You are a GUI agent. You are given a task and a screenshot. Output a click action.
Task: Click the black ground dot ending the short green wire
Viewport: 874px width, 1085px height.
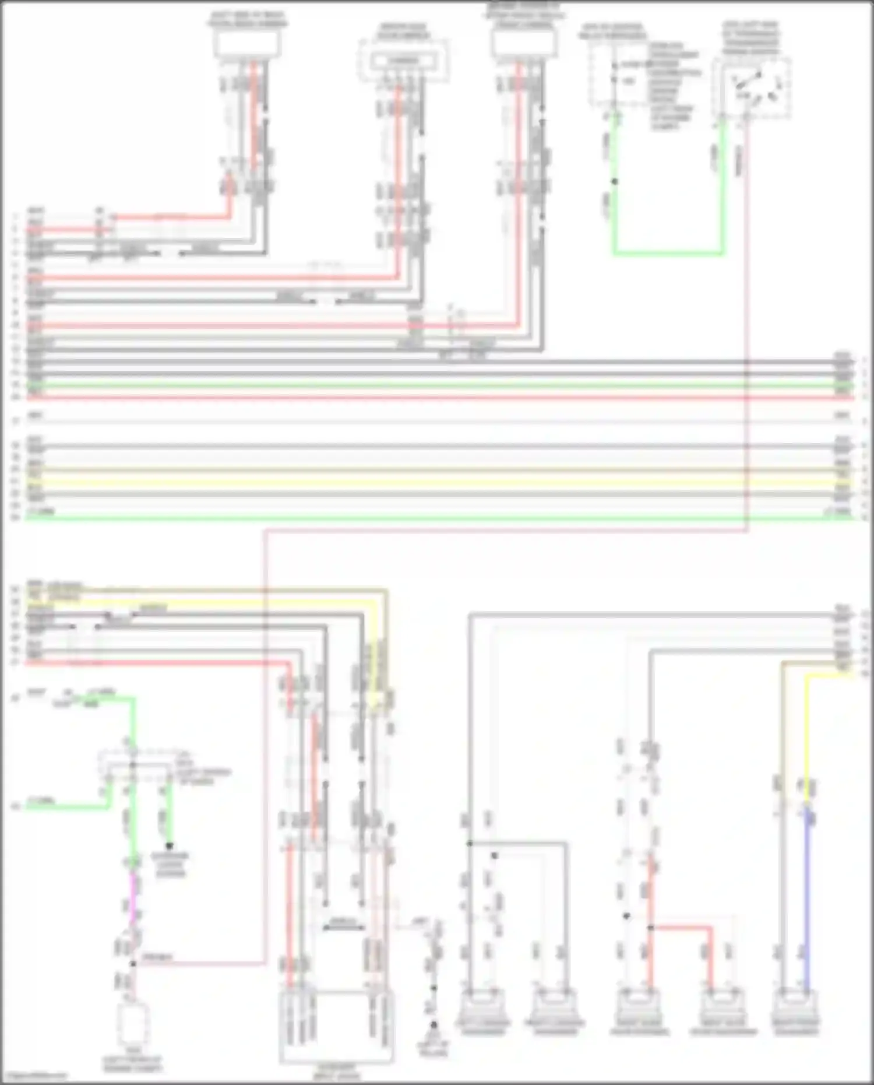tap(170, 845)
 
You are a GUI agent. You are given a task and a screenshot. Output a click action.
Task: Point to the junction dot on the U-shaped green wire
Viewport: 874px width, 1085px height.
tap(614, 181)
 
